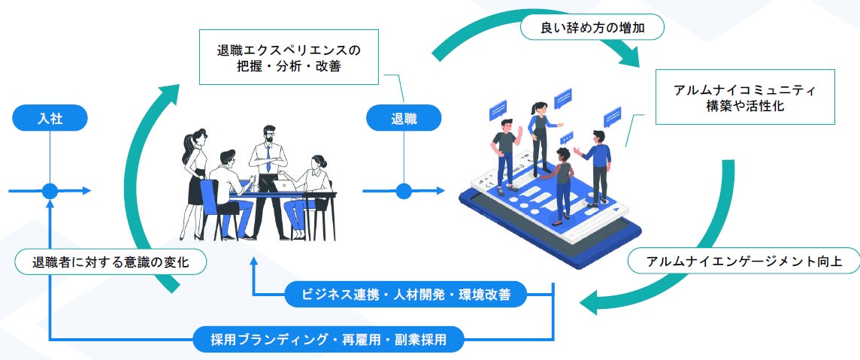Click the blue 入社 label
[x=50, y=118]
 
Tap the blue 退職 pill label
[x=404, y=118]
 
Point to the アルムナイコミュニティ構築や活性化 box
[x=745, y=97]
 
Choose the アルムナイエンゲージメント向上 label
[x=743, y=262]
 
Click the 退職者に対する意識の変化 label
[x=110, y=262]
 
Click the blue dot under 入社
[x=50, y=191]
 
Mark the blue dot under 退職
[x=404, y=191]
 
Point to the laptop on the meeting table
[x=267, y=184]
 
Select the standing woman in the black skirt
[x=194, y=177]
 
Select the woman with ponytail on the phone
[x=540, y=135]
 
